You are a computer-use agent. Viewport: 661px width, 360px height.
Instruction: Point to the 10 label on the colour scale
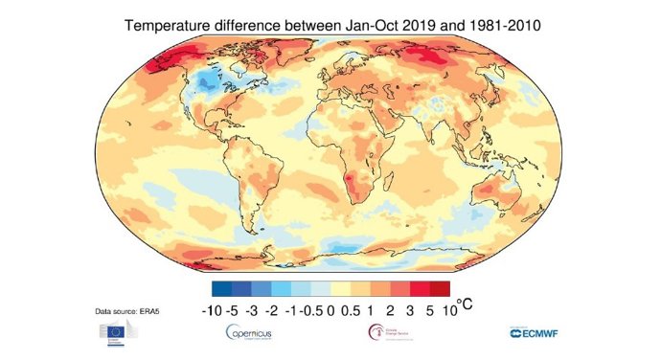[x=440, y=309]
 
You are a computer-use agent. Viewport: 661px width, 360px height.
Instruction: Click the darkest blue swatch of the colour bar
[x=221, y=288]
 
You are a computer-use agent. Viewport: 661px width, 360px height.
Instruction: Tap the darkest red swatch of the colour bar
[x=439, y=288]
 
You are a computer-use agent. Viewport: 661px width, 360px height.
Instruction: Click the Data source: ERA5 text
[x=130, y=312]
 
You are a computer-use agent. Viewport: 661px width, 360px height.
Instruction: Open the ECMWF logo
[x=544, y=332]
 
